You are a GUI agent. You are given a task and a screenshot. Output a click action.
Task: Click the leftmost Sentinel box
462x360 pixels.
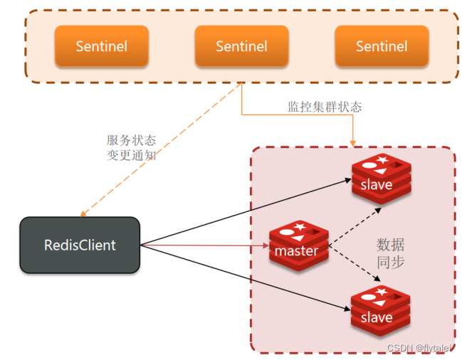point(102,47)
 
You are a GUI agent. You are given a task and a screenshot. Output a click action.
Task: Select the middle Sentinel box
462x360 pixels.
point(241,47)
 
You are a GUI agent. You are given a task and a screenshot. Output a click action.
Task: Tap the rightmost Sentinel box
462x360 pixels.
point(382,47)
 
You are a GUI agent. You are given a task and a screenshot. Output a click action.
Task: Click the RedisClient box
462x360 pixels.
point(80,245)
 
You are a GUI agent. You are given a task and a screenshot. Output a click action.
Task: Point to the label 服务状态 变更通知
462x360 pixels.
point(131,147)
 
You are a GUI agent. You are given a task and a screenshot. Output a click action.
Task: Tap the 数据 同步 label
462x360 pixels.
point(390,253)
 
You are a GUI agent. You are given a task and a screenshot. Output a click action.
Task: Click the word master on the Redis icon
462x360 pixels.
point(296,251)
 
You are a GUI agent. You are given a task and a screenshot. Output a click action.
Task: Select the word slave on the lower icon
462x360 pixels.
point(377,317)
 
